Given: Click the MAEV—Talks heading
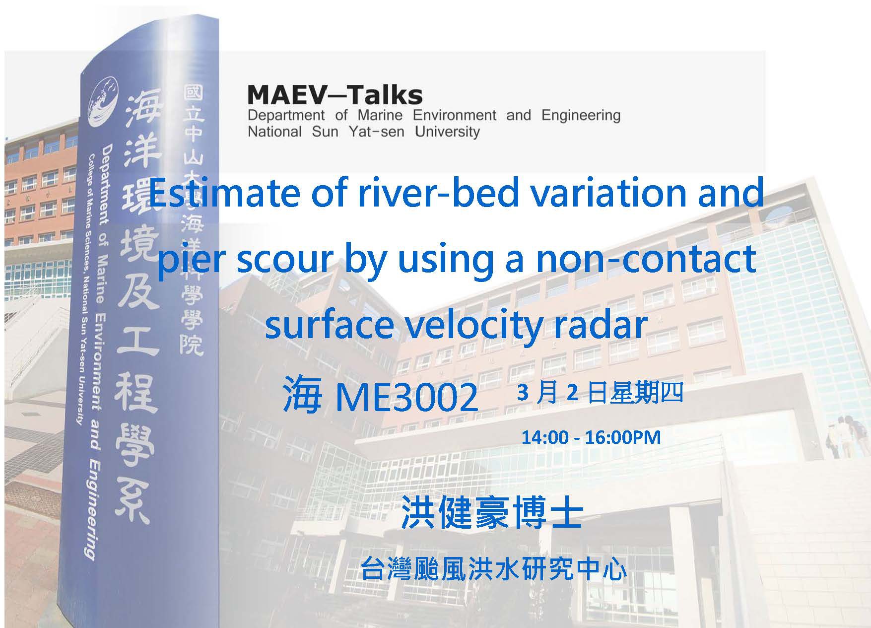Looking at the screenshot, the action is click(x=335, y=95).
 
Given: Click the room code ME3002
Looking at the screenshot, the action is click(x=407, y=397).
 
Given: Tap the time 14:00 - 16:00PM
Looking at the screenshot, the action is click(x=591, y=437).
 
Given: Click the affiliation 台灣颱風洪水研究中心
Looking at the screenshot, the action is click(x=494, y=569).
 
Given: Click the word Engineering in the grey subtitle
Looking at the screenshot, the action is click(x=581, y=116).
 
